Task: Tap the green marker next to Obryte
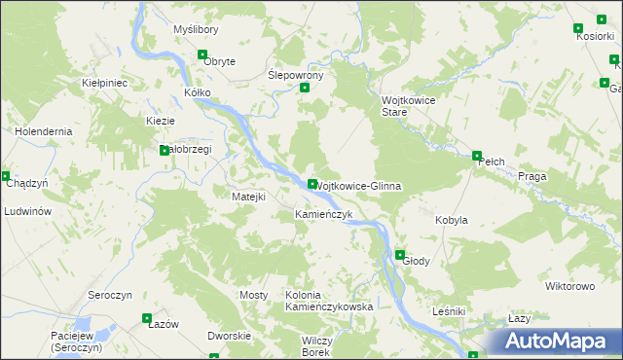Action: coord(202,55)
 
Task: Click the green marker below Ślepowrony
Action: coord(305,89)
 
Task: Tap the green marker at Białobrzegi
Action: coord(164,150)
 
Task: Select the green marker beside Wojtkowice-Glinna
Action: coord(311,184)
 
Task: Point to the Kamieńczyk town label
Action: coord(323,213)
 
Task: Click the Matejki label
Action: coord(248,197)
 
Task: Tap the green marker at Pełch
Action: coord(477,156)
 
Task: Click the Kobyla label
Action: coord(451,220)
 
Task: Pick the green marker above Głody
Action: coord(399,255)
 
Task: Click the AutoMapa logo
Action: coord(555,342)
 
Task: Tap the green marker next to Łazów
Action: coord(147,317)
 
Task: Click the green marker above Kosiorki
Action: coord(580,28)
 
